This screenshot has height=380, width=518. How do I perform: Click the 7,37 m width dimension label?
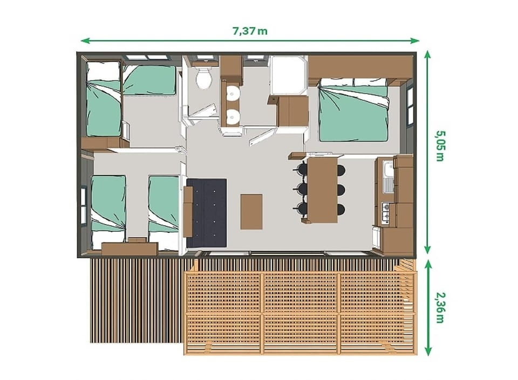249,31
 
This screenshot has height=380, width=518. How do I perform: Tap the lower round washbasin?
232,115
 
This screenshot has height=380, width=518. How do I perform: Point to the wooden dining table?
322,189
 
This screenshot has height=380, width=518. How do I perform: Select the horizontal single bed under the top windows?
149,80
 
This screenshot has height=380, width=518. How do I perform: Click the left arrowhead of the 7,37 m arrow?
83,40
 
